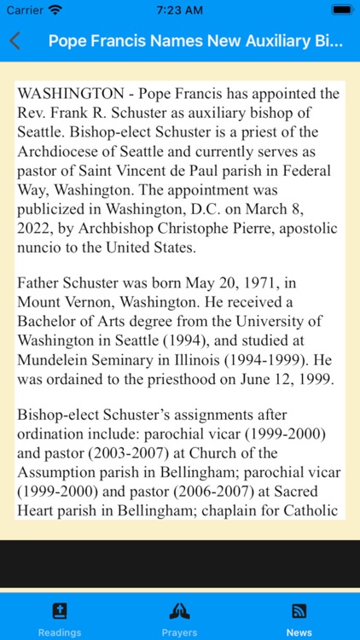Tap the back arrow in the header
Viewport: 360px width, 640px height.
[x=15, y=41]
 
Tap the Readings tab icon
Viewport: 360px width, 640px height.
[x=60, y=611]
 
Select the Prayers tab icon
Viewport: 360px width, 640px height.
[x=179, y=611]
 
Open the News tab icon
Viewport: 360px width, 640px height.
[x=299, y=611]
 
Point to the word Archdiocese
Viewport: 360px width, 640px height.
[x=59, y=151]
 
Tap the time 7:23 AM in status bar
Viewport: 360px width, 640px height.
[x=179, y=9]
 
